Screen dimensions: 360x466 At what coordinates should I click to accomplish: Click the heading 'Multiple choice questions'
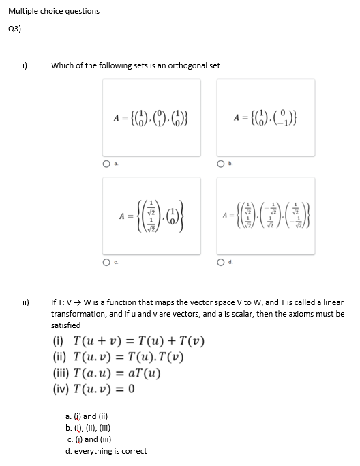[x=54, y=11]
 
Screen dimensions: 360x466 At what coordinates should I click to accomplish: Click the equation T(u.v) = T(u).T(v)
[x=118, y=357]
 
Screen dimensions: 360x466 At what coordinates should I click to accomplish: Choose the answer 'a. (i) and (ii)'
[x=82, y=416]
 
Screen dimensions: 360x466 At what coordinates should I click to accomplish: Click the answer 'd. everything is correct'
[x=100, y=451]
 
